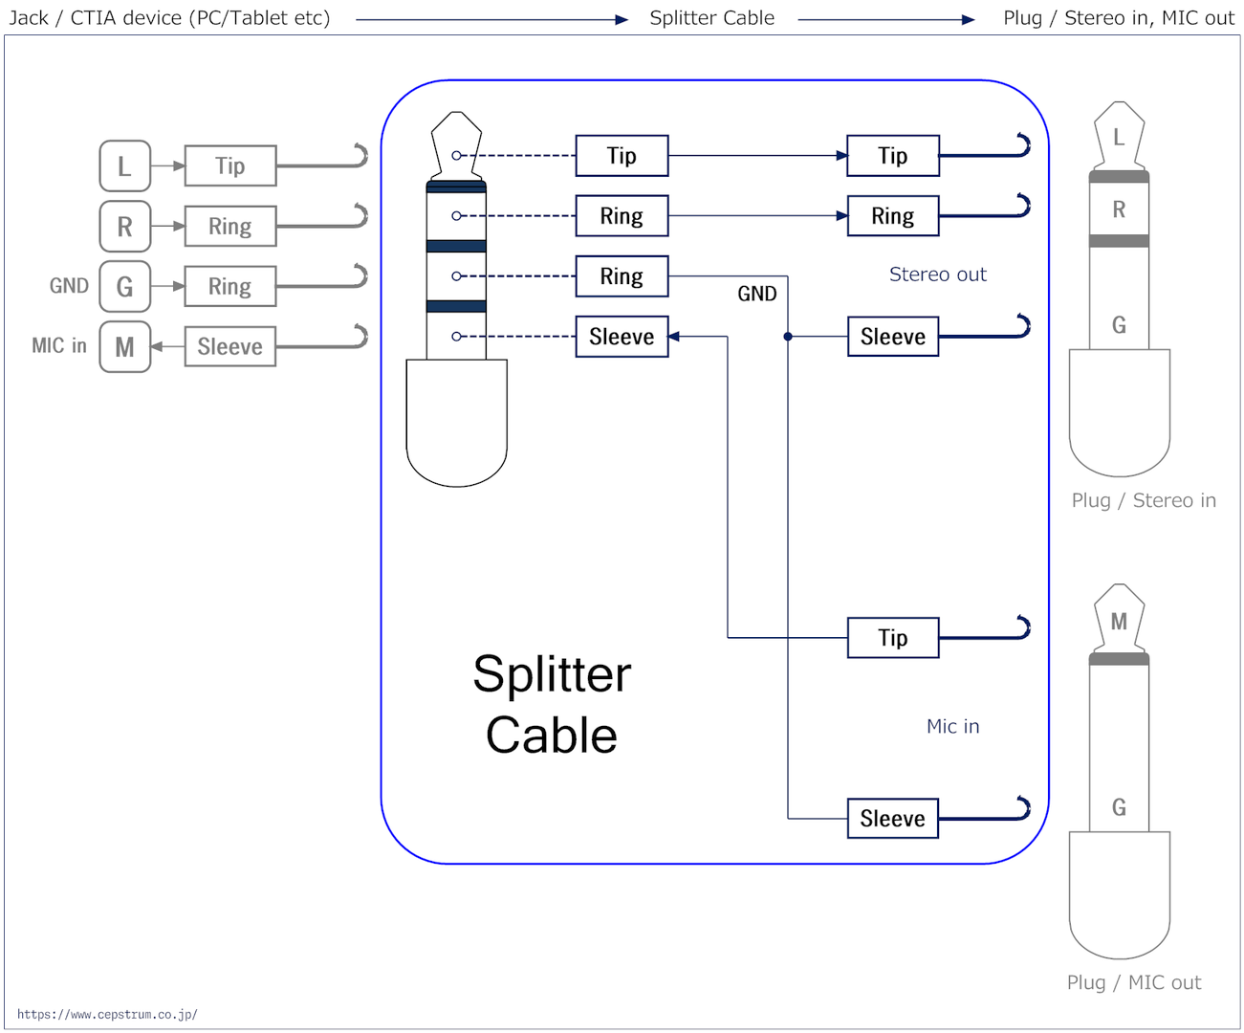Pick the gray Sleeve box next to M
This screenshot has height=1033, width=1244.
[x=230, y=346]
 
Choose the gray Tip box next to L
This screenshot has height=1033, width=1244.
[x=230, y=165]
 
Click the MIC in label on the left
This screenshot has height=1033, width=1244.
[x=59, y=345]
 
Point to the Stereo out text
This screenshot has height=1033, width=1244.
[x=937, y=275]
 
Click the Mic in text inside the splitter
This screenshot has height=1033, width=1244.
[x=952, y=726]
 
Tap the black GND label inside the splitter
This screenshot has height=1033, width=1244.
[x=756, y=294]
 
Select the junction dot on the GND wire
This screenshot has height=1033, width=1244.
[x=787, y=337]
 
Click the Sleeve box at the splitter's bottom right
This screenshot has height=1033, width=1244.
[x=892, y=819]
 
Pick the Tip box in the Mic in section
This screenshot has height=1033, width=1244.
[x=892, y=638]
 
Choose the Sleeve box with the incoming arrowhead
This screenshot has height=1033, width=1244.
[x=622, y=337]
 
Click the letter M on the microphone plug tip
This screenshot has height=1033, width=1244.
[x=1119, y=622]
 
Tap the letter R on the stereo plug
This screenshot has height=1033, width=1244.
[x=1119, y=209]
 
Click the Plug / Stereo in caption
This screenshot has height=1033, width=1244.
[x=1143, y=500]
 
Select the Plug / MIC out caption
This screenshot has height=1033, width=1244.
[x=1133, y=983]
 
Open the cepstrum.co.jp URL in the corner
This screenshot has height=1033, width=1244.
[x=107, y=1014]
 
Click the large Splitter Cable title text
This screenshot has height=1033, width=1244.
[x=551, y=705]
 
